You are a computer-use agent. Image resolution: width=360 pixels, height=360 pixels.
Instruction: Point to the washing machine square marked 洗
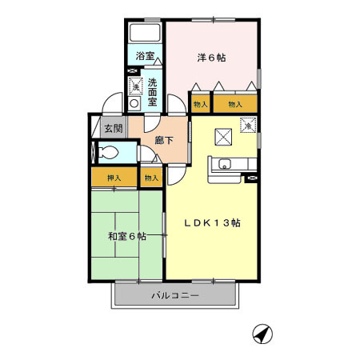pyautogui.click(x=134, y=86)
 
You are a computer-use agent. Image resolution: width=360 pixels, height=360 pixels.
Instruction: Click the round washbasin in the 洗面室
pyautogui.click(x=134, y=102)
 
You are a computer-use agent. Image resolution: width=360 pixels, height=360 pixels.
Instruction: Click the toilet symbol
pyautogui.click(x=106, y=152)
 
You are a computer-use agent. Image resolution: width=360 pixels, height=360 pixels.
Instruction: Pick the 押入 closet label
pyautogui.click(x=113, y=178)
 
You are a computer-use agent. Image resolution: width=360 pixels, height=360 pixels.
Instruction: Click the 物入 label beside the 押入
pyautogui.click(x=151, y=178)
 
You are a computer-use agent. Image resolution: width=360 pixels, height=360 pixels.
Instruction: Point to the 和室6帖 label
pyautogui.click(x=127, y=236)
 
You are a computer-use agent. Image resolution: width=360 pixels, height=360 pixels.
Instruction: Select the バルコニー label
pyautogui.click(x=174, y=297)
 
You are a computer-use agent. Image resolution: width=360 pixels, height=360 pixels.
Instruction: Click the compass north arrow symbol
pyautogui.click(x=262, y=334)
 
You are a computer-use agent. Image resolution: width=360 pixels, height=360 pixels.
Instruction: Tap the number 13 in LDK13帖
pyautogui.click(x=222, y=223)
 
